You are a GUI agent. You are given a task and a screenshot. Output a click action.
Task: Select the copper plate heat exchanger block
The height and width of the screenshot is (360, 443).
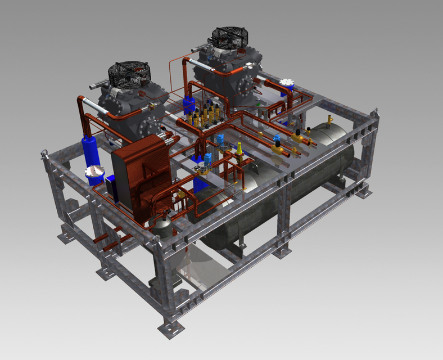point(141,174)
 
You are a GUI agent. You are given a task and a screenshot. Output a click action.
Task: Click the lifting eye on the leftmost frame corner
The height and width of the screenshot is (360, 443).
point(43,154)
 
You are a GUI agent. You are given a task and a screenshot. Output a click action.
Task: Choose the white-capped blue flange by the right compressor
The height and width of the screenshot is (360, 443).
point(288,83)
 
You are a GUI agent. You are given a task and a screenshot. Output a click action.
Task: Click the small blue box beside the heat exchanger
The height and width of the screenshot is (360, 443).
point(111,181)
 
